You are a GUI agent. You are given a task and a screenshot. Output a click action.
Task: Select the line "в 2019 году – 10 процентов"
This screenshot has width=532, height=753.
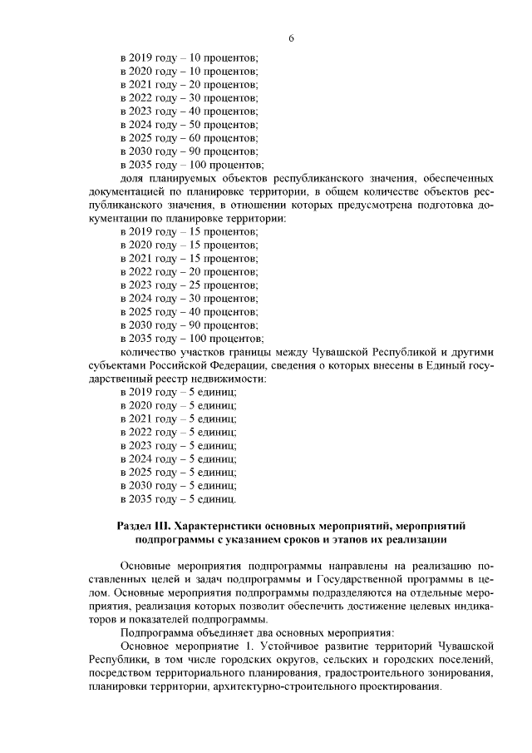tap(190, 57)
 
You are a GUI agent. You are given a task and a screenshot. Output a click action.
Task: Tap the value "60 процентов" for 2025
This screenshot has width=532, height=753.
tap(225, 137)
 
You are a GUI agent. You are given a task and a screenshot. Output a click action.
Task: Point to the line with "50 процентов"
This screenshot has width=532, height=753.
tap(190, 124)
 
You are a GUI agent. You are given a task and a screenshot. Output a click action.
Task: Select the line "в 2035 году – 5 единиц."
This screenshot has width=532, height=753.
tap(179, 499)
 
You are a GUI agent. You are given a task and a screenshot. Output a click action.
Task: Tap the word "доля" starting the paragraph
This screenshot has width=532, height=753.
tap(133, 178)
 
